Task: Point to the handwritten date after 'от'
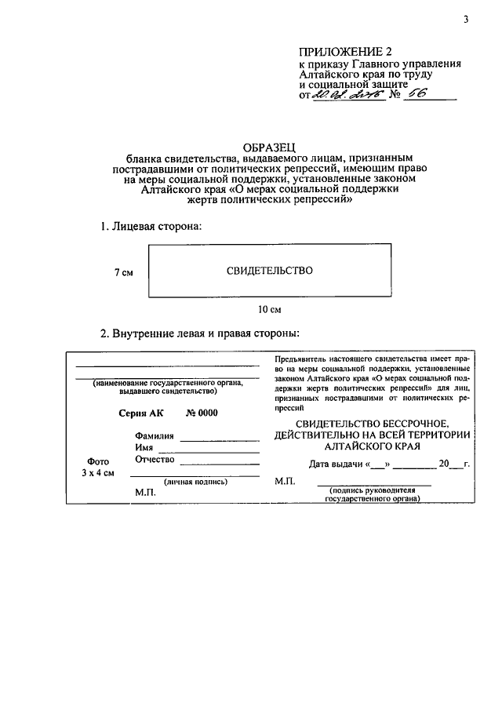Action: pyautogui.click(x=344, y=95)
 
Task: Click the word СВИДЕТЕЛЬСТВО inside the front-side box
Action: pyautogui.click(x=270, y=271)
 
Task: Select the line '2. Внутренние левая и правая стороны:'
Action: pyautogui.click(x=200, y=333)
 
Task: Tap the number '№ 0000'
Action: pyautogui.click(x=202, y=414)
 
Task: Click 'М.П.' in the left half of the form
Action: pyautogui.click(x=145, y=493)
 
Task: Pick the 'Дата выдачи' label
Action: pyautogui.click(x=336, y=464)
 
